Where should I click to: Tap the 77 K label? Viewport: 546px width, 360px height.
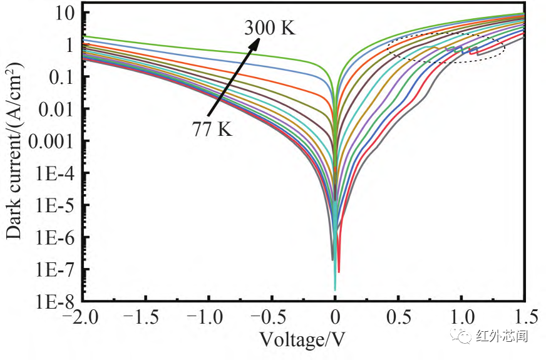pyautogui.click(x=212, y=130)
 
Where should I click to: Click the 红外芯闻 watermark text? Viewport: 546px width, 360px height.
pyautogui.click(x=502, y=336)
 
